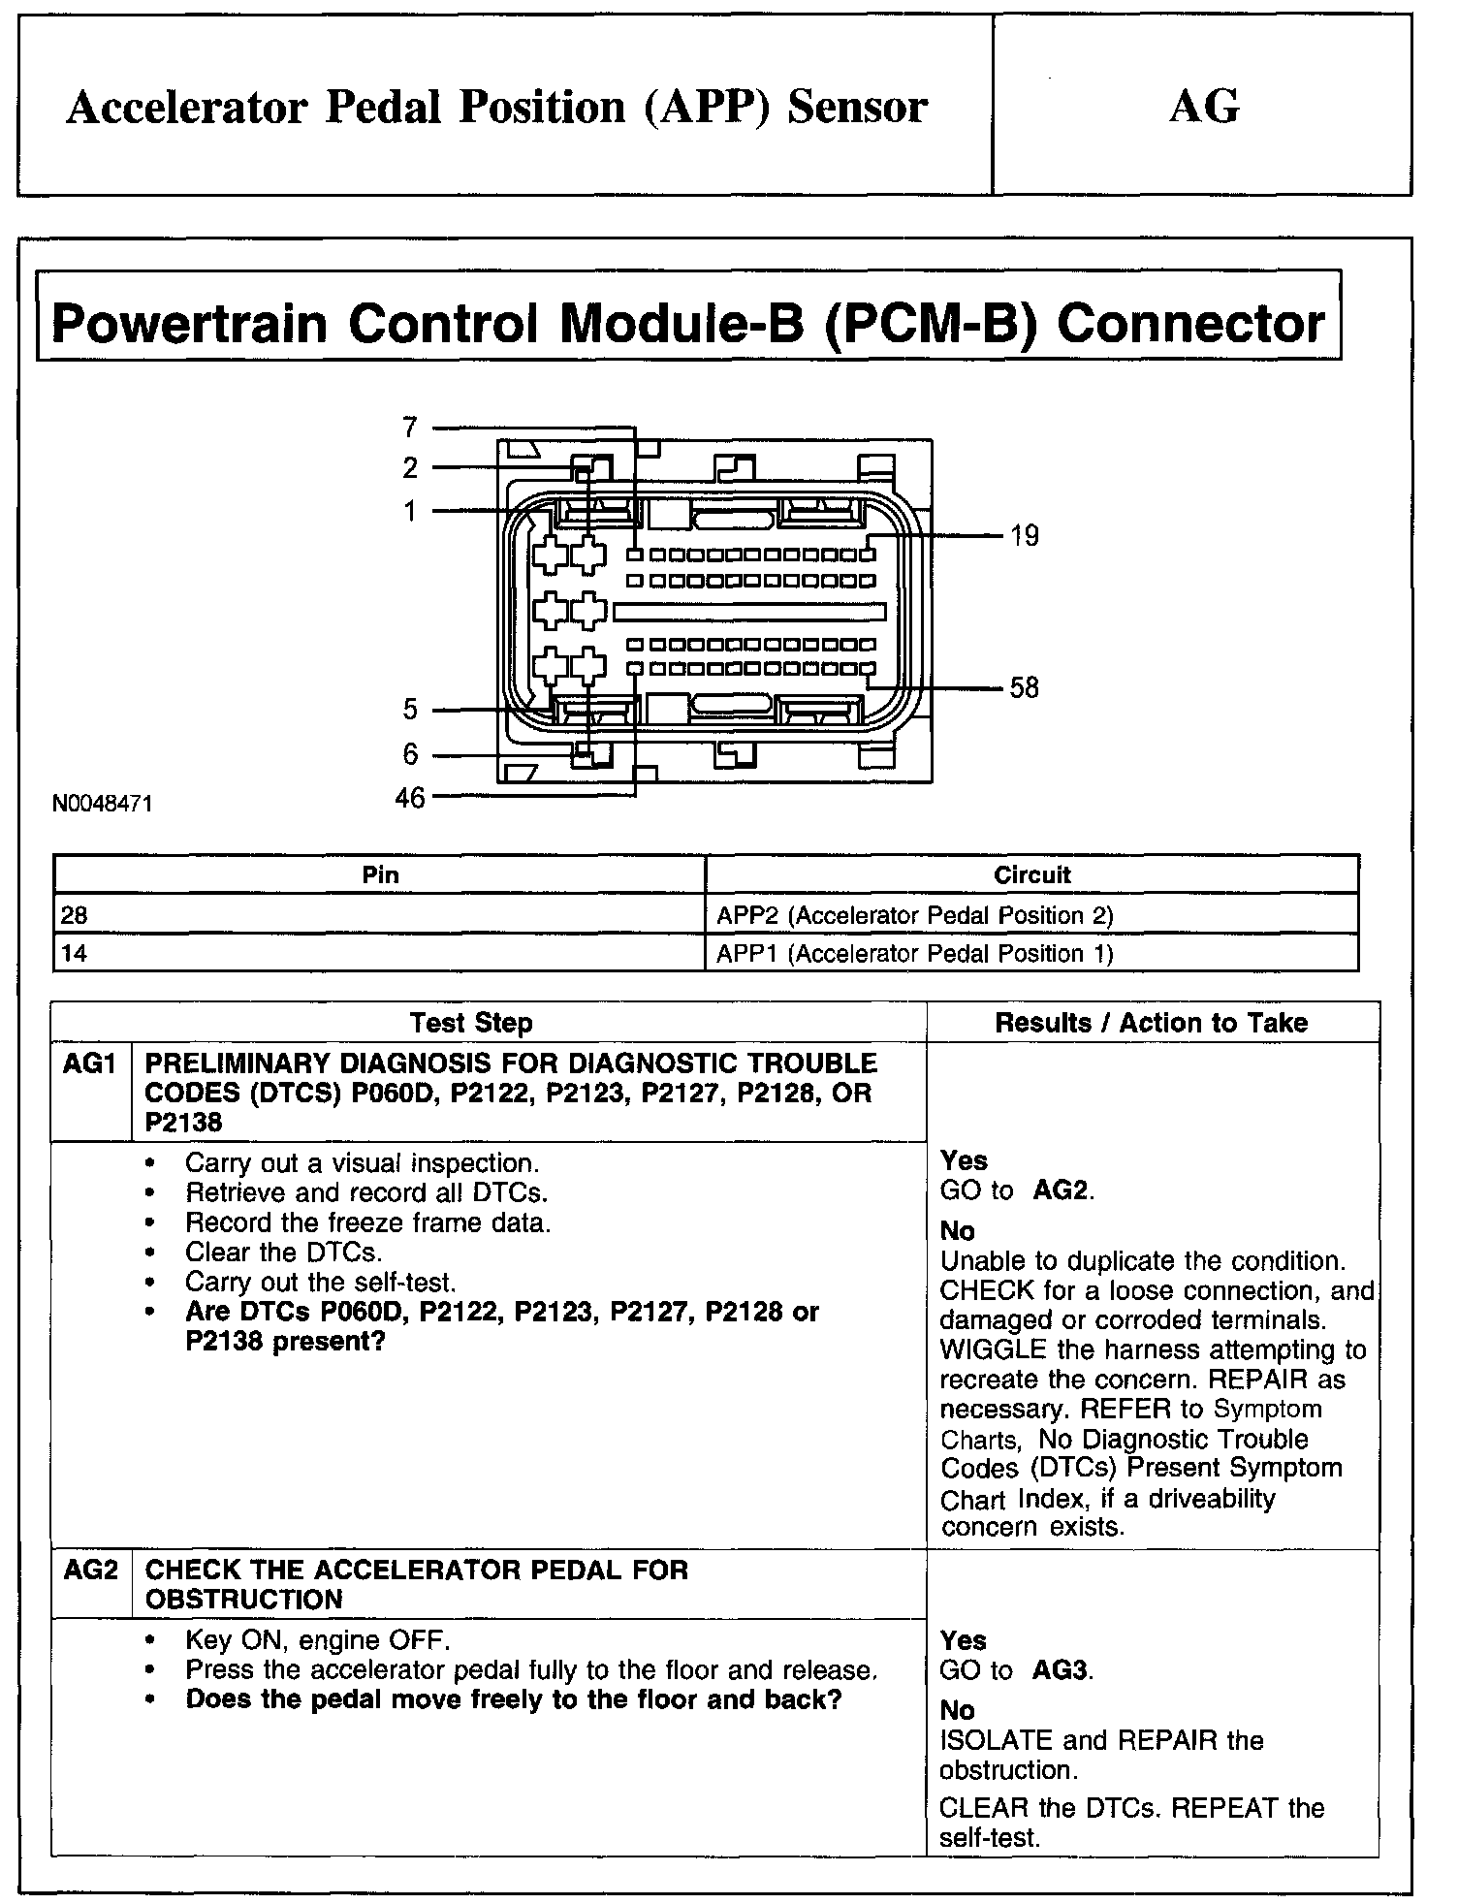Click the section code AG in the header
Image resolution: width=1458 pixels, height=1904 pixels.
(1204, 106)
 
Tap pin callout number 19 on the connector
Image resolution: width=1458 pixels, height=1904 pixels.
(1024, 536)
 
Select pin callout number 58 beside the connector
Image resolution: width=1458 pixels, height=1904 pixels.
(1024, 687)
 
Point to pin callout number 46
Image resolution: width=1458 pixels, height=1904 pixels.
(410, 798)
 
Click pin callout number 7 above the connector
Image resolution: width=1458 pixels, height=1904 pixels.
(410, 427)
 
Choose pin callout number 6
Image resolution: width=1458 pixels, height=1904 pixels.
(410, 754)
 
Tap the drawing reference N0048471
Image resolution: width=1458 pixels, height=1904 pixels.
(104, 804)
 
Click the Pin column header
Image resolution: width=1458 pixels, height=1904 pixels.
(380, 875)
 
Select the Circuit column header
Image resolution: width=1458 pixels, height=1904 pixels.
(1031, 875)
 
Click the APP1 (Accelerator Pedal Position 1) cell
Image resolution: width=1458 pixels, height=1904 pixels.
(914, 954)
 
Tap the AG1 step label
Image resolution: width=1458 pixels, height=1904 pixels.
(89, 1063)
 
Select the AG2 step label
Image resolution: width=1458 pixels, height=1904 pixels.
(89, 1570)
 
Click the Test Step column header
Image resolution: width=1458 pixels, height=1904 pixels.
(471, 1023)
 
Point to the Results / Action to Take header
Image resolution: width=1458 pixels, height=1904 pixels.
(1152, 1023)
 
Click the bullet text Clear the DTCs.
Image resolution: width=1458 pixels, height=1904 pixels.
(283, 1253)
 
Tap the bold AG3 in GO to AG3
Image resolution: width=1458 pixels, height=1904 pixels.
(1062, 1670)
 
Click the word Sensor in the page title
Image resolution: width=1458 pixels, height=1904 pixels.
(857, 107)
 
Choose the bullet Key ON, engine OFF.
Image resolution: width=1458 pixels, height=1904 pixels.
(317, 1641)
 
